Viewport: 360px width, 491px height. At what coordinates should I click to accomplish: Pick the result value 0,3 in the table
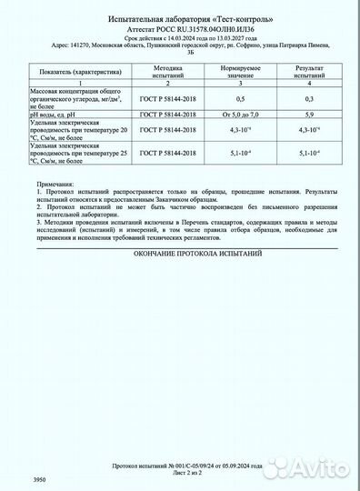pos(309,98)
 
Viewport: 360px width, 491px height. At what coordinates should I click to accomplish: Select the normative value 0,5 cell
pos(240,98)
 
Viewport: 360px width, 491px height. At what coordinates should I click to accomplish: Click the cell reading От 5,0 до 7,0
pos(240,114)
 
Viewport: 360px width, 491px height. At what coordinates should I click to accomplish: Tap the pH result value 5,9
pos(309,114)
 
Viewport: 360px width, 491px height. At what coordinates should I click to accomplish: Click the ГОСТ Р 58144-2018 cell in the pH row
pos(170,114)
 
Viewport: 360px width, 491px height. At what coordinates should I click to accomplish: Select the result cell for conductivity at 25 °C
pos(309,154)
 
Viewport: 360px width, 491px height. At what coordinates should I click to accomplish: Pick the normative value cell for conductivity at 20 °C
pos(240,134)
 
